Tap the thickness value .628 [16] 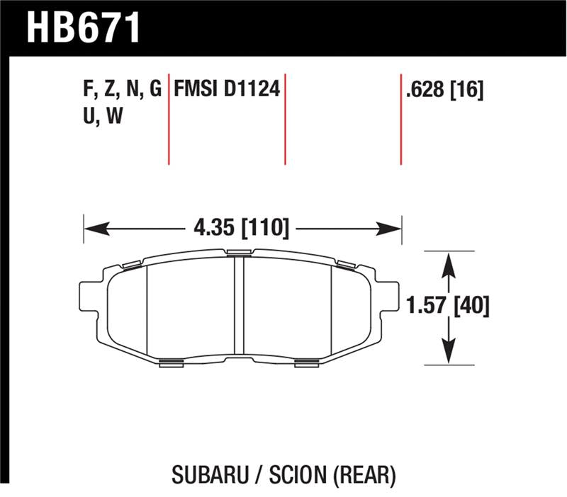point(444,90)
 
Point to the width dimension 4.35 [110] point(241,229)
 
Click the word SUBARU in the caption point(206,473)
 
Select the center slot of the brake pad point(238,307)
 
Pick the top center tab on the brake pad point(238,252)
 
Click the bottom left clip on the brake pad point(172,363)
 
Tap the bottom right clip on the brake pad point(306,363)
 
